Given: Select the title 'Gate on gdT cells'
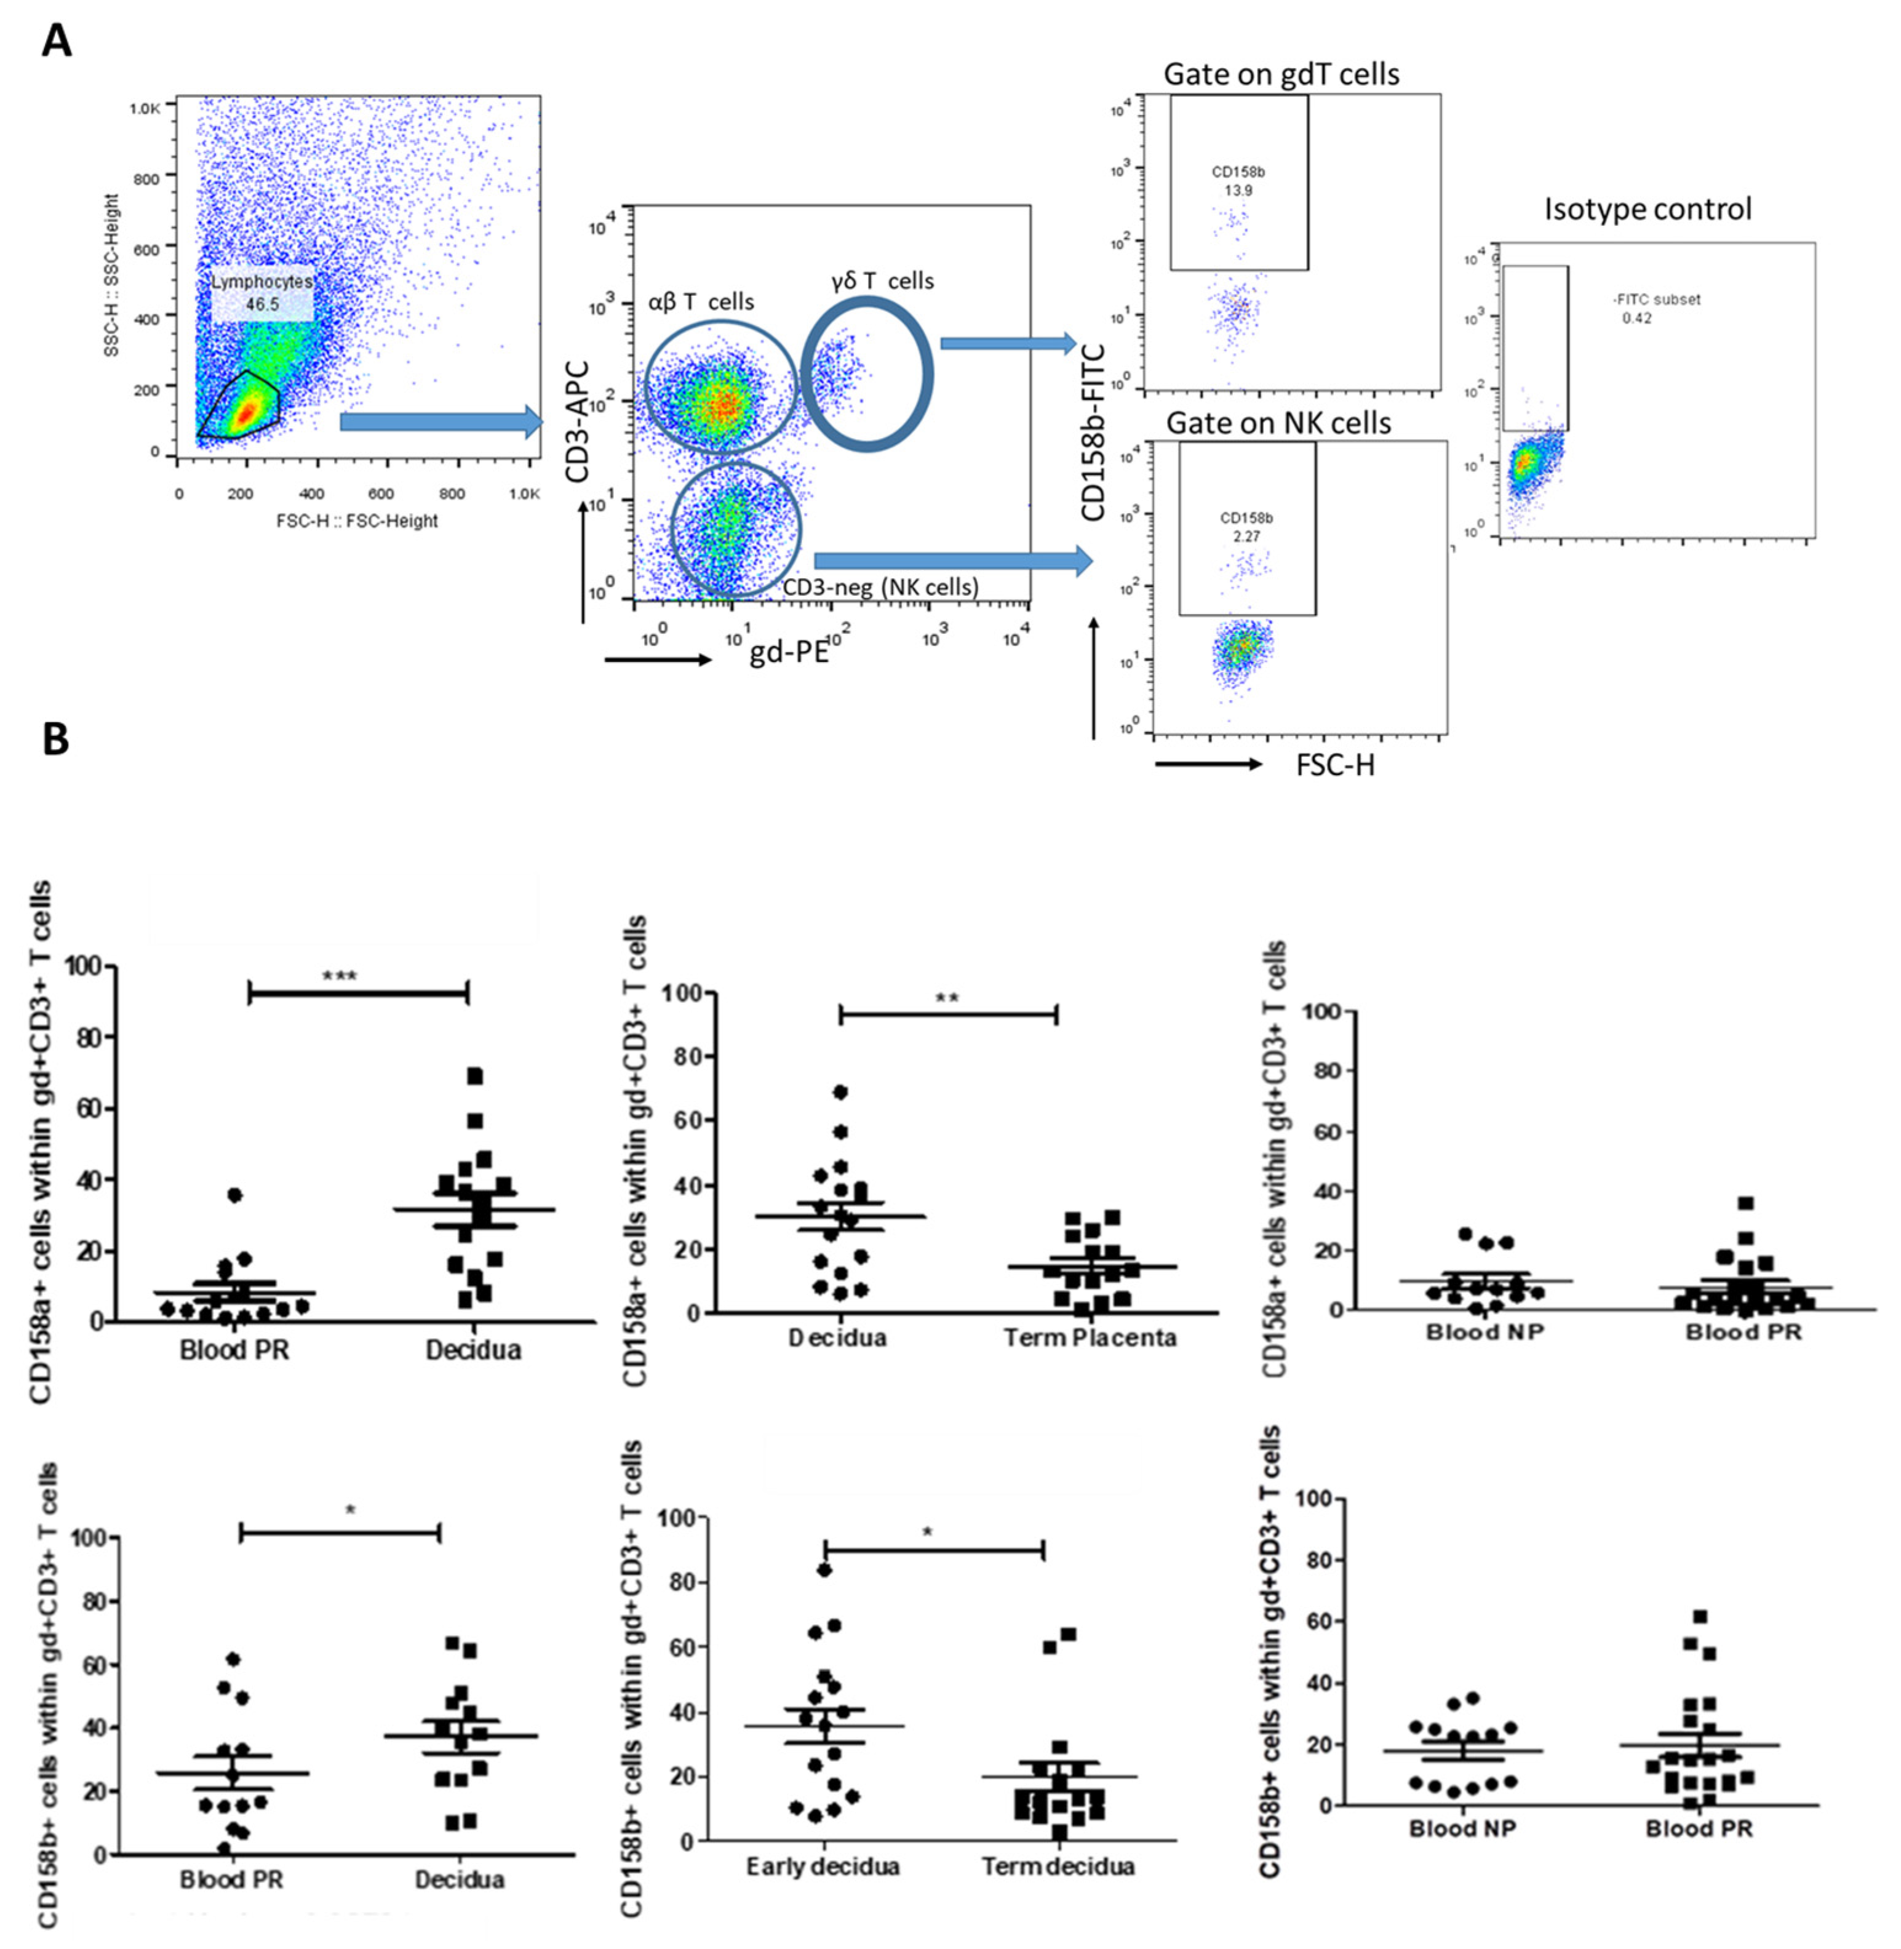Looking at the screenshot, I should pyautogui.click(x=1281, y=74).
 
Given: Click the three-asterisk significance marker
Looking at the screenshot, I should pyautogui.click(x=340, y=976).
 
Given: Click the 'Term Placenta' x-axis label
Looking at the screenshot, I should pyautogui.click(x=1090, y=1337).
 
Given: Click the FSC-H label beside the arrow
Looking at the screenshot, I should pyautogui.click(x=1335, y=766).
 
